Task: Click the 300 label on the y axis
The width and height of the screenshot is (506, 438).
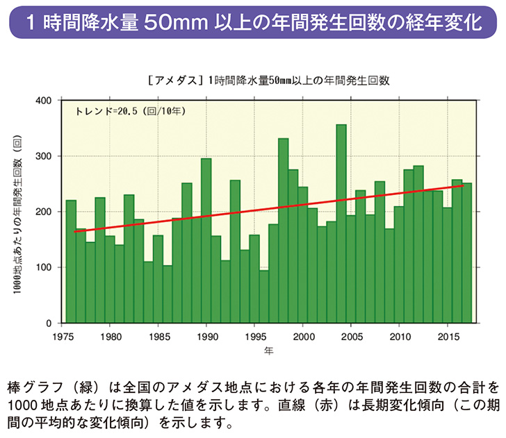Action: tap(43, 156)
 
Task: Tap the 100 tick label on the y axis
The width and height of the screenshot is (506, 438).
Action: tap(43, 267)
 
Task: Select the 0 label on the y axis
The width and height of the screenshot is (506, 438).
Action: tap(49, 323)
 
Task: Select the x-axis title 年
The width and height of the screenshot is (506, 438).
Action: tap(268, 351)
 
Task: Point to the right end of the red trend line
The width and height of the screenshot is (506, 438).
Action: tap(463, 185)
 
